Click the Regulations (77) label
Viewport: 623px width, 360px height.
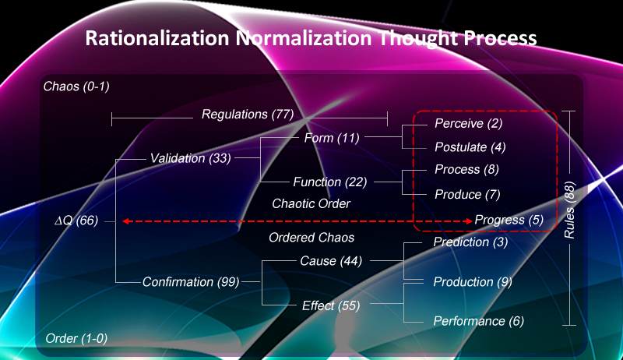coord(247,115)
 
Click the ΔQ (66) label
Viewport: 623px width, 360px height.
coord(76,221)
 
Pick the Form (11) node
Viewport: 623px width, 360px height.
coord(331,138)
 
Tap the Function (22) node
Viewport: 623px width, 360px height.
coord(328,182)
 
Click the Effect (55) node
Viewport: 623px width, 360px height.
coord(331,305)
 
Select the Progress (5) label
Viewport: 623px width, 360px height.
coord(509,220)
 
